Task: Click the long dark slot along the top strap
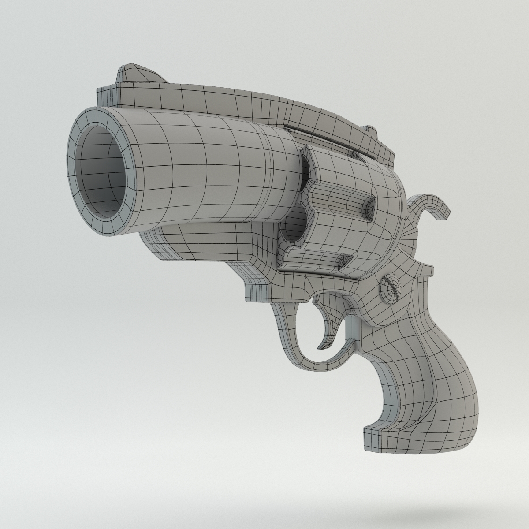[x=322, y=134]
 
